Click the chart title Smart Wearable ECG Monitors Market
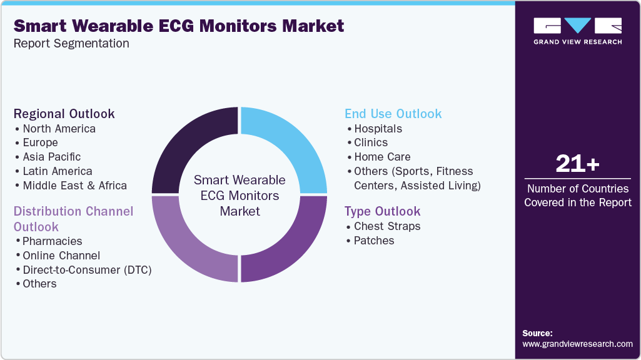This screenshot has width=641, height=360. [179, 26]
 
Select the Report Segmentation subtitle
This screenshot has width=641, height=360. [71, 44]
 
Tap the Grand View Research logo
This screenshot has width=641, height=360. [577, 31]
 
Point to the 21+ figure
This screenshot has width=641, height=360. [577, 164]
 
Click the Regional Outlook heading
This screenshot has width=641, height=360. [64, 114]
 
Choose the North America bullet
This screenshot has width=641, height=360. [59, 129]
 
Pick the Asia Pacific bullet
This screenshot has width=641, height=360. [52, 157]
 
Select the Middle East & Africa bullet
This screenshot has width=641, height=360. [74, 186]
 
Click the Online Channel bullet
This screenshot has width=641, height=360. [61, 256]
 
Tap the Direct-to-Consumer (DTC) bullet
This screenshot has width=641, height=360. [87, 269]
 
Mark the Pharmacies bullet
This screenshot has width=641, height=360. [53, 241]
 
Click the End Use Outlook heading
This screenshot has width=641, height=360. [393, 114]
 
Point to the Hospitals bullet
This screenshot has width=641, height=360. [378, 129]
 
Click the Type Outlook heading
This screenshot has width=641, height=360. [383, 211]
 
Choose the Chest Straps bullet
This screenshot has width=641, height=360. [387, 226]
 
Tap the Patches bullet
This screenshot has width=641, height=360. [374, 241]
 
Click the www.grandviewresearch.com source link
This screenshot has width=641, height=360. [577, 344]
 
